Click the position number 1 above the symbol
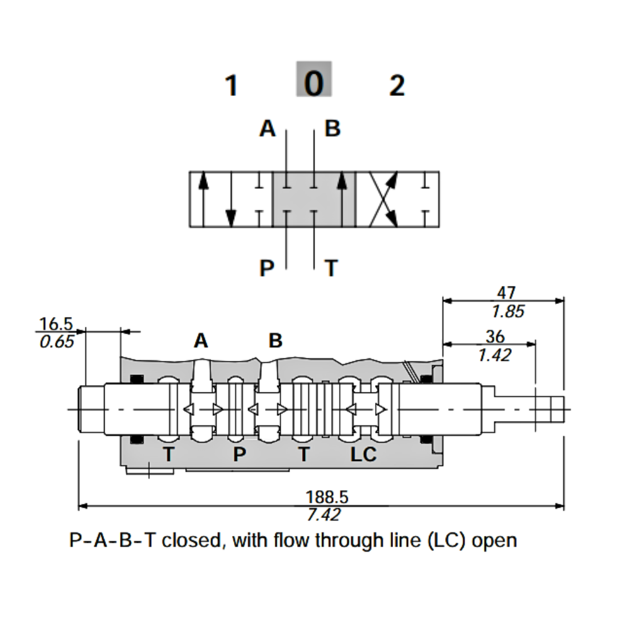pyautogui.click(x=232, y=85)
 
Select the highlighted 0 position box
pyautogui.click(x=314, y=79)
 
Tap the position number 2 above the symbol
pyautogui.click(x=397, y=85)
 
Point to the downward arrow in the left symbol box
pyautogui.click(x=230, y=200)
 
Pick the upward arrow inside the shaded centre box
pyautogui.click(x=342, y=199)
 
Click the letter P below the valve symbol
pyautogui.click(x=267, y=269)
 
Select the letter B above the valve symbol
pyautogui.click(x=333, y=129)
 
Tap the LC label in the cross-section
pyautogui.click(x=363, y=455)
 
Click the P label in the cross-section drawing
pyautogui.click(x=240, y=455)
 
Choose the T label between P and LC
pyautogui.click(x=303, y=455)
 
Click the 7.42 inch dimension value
pyautogui.click(x=324, y=514)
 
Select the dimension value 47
pyautogui.click(x=506, y=293)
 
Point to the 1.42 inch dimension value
pyautogui.click(x=495, y=355)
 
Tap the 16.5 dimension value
pyautogui.click(x=56, y=324)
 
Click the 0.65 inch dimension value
pyautogui.click(x=56, y=341)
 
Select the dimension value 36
pyautogui.click(x=495, y=337)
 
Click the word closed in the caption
pyautogui.click(x=193, y=540)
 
